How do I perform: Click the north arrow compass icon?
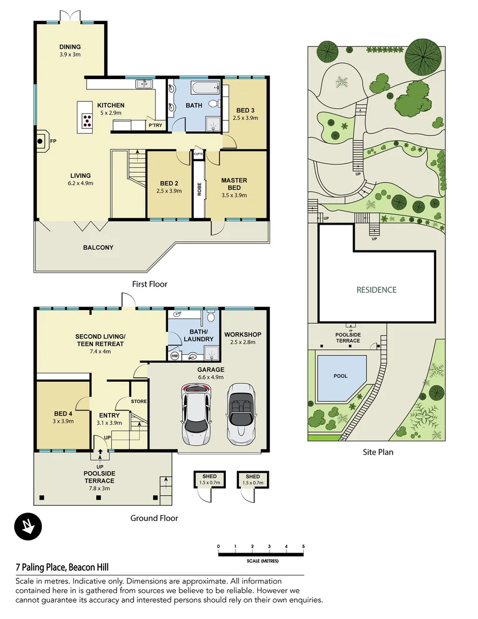(x=27, y=526)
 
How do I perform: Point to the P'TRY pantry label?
(x=155, y=125)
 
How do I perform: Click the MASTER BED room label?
(x=234, y=184)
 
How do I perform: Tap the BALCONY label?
(x=97, y=248)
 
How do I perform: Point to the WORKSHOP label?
(x=242, y=334)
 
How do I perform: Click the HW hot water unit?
(x=175, y=356)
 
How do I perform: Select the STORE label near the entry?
(x=139, y=401)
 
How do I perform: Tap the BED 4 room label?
(x=64, y=413)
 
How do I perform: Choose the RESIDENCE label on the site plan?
(x=377, y=290)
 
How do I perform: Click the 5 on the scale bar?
(x=303, y=546)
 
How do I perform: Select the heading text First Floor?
(x=149, y=284)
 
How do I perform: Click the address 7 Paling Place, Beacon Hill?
(x=67, y=567)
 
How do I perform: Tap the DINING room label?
(x=70, y=47)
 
